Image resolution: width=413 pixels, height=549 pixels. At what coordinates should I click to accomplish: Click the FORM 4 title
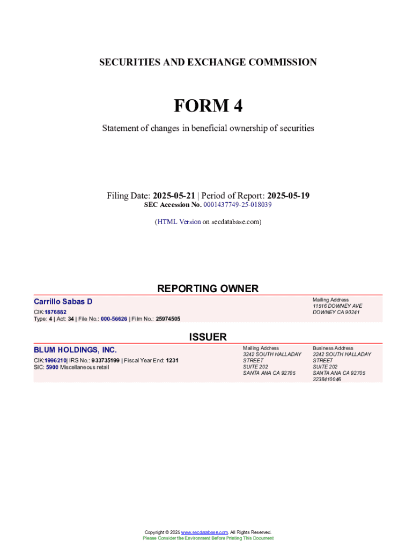pyautogui.click(x=208, y=106)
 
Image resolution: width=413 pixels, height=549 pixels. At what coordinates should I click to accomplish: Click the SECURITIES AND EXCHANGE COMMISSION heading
pyautogui.click(x=208, y=62)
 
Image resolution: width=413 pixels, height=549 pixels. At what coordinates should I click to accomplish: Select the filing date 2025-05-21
pyautogui.click(x=174, y=196)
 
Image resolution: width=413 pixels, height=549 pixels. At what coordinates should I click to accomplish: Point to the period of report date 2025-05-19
pyautogui.click(x=288, y=196)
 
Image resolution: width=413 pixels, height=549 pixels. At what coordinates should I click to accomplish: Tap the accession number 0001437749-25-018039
pyautogui.click(x=238, y=205)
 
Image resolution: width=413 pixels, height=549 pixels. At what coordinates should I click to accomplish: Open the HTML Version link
pyautogui.click(x=179, y=221)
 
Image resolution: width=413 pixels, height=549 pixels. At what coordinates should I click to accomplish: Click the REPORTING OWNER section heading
pyautogui.click(x=208, y=288)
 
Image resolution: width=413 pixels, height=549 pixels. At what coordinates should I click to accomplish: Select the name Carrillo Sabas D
pyautogui.click(x=63, y=302)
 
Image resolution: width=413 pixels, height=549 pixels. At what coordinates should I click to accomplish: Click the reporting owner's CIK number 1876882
pyautogui.click(x=55, y=311)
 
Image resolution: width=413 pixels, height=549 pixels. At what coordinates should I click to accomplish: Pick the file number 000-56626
pyautogui.click(x=114, y=318)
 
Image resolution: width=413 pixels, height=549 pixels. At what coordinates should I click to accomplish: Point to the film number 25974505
pyautogui.click(x=168, y=318)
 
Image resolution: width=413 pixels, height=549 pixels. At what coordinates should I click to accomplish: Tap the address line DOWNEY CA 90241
pyautogui.click(x=336, y=313)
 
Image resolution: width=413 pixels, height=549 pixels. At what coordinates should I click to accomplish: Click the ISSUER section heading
pyautogui.click(x=208, y=337)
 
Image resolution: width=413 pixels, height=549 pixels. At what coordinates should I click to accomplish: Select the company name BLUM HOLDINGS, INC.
pyautogui.click(x=75, y=350)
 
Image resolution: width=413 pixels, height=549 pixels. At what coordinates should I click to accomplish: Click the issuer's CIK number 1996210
pyautogui.click(x=55, y=360)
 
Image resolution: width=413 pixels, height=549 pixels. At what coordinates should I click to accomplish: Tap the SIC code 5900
pyautogui.click(x=52, y=367)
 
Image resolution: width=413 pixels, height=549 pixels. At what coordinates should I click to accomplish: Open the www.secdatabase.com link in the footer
pyautogui.click(x=204, y=532)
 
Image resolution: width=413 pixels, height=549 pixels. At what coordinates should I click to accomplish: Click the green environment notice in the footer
pyautogui.click(x=208, y=538)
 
